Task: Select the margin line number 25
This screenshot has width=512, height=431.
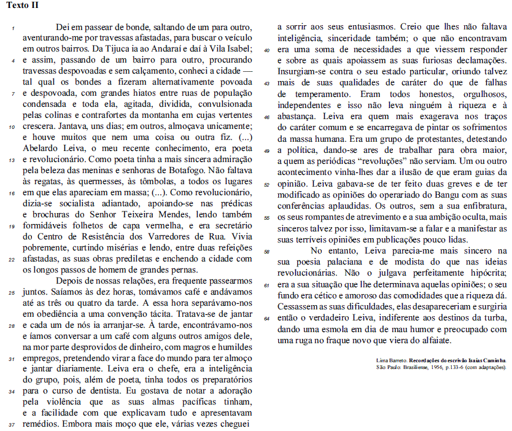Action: pyautogui.click(x=12, y=293)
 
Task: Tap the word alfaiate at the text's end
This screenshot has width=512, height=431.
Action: pyautogui.click(x=433, y=340)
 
